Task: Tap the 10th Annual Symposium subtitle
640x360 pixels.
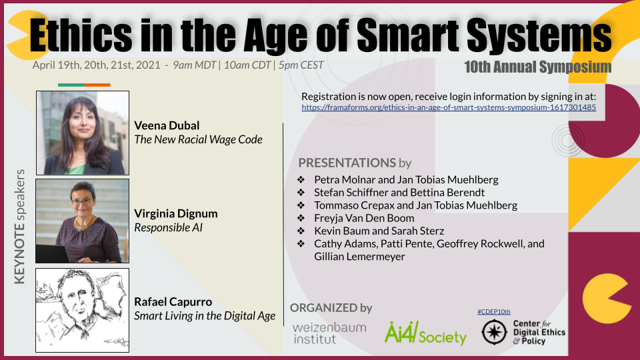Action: click(538, 67)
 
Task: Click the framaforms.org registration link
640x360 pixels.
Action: click(449, 107)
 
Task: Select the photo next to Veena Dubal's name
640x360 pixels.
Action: click(83, 133)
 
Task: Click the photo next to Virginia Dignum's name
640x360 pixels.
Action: click(83, 221)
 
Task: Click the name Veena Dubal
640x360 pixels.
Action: click(167, 125)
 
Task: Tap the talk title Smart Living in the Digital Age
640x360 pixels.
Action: click(205, 316)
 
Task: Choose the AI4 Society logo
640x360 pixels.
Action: click(425, 333)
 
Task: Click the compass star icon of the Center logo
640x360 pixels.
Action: click(494, 332)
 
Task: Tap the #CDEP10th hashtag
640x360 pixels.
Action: click(493, 311)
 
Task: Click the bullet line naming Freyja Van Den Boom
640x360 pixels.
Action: click(364, 218)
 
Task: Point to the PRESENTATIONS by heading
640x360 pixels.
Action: click(355, 163)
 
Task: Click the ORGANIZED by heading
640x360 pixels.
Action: click(331, 307)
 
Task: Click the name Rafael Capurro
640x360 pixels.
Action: click(174, 301)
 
